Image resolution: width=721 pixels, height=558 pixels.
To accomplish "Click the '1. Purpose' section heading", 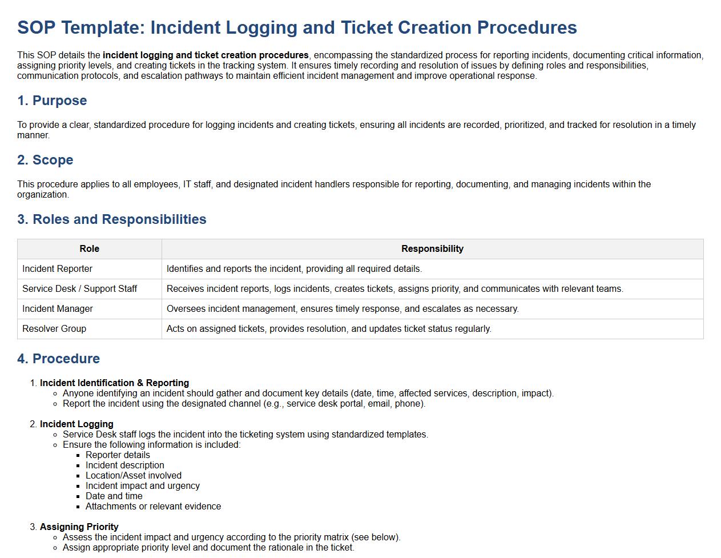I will coord(52,101).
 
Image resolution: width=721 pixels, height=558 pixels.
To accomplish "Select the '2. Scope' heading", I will coord(45,160).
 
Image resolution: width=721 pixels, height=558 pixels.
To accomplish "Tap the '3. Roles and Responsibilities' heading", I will coord(112,219).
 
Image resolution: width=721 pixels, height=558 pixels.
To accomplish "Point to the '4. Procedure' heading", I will coord(58,359).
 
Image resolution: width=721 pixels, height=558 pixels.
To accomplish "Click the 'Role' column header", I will coord(90,249).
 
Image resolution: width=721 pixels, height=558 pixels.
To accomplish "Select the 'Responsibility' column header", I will coord(432,249).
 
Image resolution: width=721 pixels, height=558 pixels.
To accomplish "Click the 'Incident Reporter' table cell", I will coord(57,269).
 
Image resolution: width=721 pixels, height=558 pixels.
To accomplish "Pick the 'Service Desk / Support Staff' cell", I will coord(79,289).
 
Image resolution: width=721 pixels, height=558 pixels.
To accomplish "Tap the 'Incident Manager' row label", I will coord(58,309).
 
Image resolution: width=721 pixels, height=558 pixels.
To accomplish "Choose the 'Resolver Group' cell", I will coord(54,329).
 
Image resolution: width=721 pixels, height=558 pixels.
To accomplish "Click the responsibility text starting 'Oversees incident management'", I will coord(343,309).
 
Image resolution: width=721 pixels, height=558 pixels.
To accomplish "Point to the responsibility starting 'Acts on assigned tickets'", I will coord(329,329).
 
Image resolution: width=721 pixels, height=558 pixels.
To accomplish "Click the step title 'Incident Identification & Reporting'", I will coord(114,383).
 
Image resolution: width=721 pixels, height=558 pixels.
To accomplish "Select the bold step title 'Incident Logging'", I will coord(76,424).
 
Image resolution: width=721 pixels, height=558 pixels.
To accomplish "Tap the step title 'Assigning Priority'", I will coord(79,527).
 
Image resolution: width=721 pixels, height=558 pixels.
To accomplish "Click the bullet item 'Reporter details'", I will coord(118,455).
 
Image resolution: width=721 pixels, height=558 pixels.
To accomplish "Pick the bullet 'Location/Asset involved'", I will coord(134,476).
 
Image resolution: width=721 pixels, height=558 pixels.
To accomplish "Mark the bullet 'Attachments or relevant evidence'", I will coord(153,507).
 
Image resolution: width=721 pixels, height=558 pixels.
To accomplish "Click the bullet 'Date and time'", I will coord(114,496).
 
